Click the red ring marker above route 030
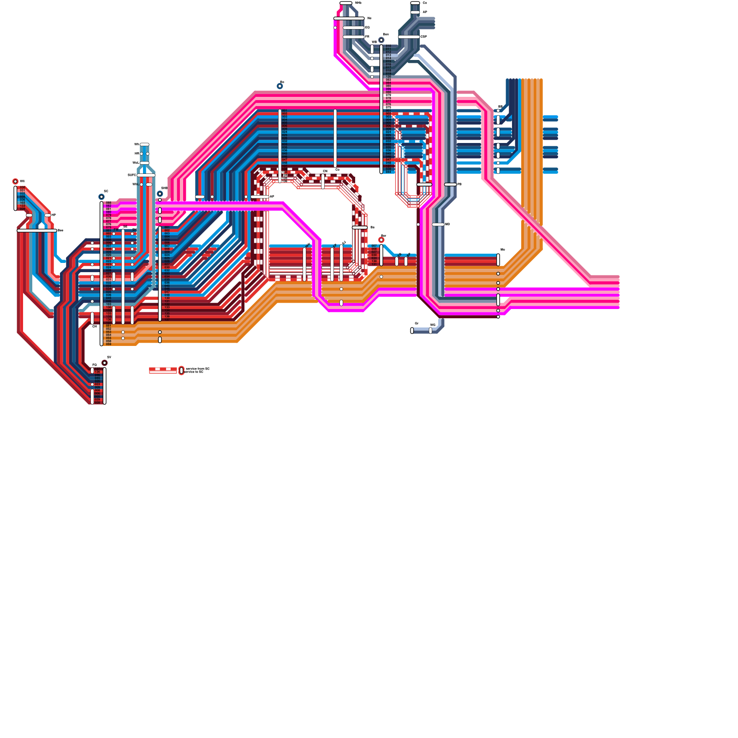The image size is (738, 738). coord(15,182)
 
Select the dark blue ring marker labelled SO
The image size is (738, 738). coord(101,197)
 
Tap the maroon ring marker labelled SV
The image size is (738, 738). coord(105,363)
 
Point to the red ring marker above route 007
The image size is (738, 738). coord(381,240)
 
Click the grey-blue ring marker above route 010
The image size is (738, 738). coord(381,40)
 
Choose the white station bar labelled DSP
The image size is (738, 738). coord(409,37)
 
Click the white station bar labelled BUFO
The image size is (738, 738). coord(146,175)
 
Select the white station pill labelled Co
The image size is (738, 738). coord(415,3)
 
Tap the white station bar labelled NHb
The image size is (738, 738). coord(346,3)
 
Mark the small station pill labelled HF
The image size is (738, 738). coord(48,215)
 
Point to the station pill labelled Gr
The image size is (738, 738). coord(412,330)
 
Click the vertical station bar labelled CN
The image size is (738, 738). coord(323,181)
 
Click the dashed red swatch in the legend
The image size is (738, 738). coord(163,370)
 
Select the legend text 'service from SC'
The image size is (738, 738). coord(197,369)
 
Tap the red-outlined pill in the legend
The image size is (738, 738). coord(181,370)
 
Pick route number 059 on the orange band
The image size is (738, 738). coord(108,344)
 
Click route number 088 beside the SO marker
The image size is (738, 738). coord(108,203)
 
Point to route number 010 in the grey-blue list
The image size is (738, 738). coord(388,46)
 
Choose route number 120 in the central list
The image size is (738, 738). coord(388,77)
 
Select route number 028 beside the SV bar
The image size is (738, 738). coord(97,403)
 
